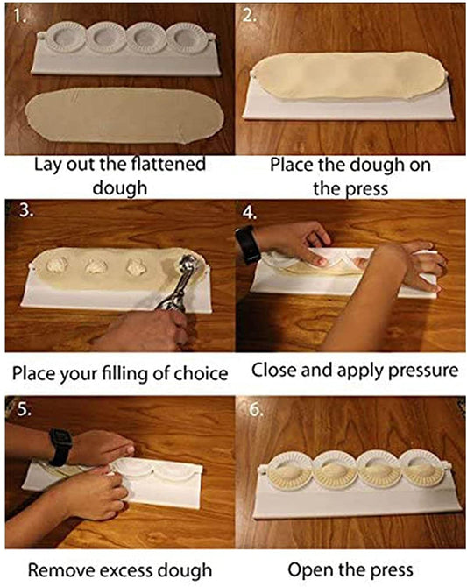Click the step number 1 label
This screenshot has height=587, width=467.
tap(19, 16)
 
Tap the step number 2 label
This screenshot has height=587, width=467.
tap(250, 16)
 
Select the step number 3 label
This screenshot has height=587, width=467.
tap(26, 210)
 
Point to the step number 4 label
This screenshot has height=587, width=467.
tap(250, 212)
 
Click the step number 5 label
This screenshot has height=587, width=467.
tap(24, 409)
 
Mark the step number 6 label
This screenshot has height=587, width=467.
tap(257, 410)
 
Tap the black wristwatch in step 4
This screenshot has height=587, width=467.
tap(246, 244)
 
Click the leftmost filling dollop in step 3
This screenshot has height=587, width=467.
tap(57, 265)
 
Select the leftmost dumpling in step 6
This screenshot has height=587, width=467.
tap(288, 474)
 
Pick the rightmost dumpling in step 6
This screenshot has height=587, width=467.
tap(421, 474)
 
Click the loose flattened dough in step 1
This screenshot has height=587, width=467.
tap(124, 116)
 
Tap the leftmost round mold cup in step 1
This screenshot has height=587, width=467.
tap(67, 37)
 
